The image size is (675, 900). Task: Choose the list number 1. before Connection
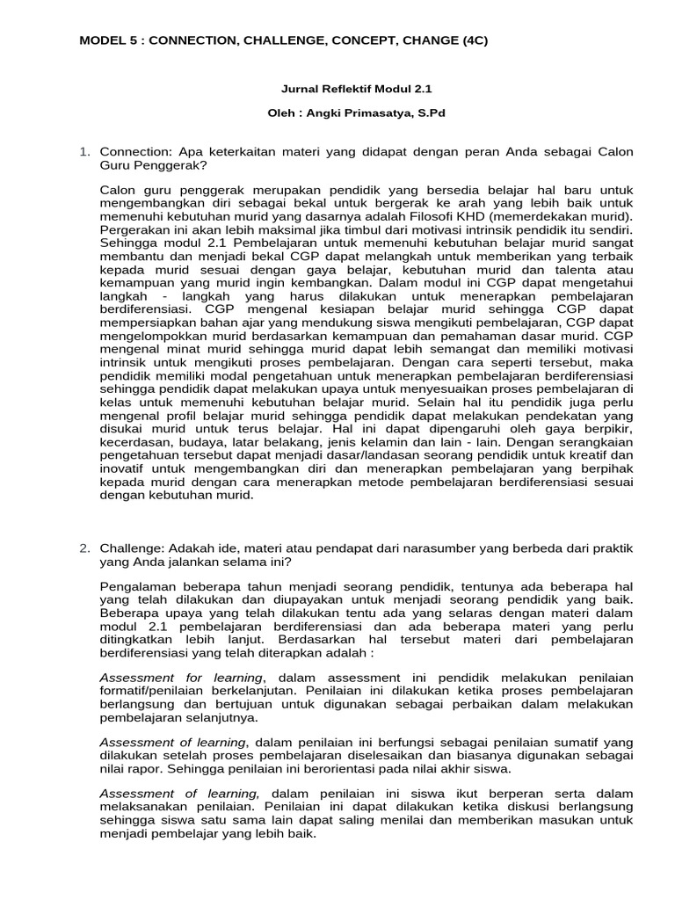[x=85, y=152]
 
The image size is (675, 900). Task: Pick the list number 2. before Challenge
[x=85, y=548]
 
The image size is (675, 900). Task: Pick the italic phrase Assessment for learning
[x=181, y=677]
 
